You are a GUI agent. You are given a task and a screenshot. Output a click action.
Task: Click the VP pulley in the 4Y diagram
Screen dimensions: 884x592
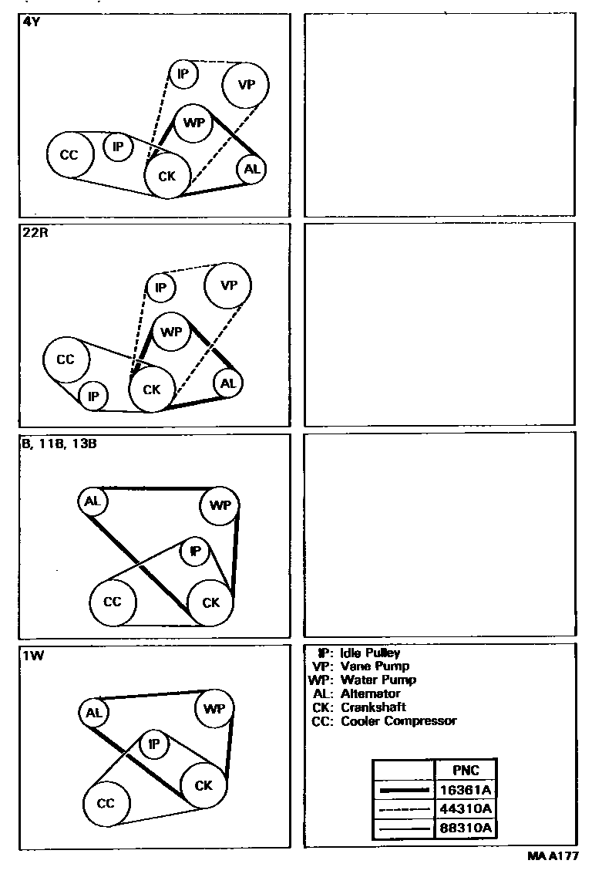(x=246, y=85)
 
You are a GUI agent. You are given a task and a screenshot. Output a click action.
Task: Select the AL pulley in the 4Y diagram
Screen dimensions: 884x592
(x=251, y=169)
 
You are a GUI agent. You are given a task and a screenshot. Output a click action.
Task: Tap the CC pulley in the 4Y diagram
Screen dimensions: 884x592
(x=69, y=155)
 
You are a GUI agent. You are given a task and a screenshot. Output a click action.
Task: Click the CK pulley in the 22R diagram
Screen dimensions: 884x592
(x=152, y=390)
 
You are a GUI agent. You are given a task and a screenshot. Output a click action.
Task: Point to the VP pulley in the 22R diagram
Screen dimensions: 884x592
(x=228, y=285)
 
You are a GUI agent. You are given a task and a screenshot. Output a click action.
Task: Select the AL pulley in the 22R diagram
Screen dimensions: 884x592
(x=227, y=383)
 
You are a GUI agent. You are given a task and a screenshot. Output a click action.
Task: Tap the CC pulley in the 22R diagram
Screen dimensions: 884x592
(x=66, y=359)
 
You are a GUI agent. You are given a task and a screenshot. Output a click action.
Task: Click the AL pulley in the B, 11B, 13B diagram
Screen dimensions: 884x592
(x=92, y=501)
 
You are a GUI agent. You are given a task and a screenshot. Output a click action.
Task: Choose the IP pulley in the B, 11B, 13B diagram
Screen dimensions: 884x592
(x=195, y=552)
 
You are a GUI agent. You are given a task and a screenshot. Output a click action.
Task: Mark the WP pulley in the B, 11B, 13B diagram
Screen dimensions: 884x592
(x=220, y=506)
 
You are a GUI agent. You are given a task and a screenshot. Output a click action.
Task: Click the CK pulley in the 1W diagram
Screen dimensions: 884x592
(x=203, y=786)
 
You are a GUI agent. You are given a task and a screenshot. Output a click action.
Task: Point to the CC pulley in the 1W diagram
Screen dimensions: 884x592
(x=106, y=803)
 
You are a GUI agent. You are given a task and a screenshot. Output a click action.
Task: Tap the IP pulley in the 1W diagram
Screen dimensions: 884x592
(x=153, y=744)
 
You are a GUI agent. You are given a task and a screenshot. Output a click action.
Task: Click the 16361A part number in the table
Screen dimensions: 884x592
(x=465, y=790)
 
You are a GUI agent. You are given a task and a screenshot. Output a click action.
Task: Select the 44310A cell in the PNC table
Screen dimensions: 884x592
(x=465, y=809)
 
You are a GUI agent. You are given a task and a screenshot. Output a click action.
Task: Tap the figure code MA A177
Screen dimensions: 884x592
(x=554, y=857)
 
